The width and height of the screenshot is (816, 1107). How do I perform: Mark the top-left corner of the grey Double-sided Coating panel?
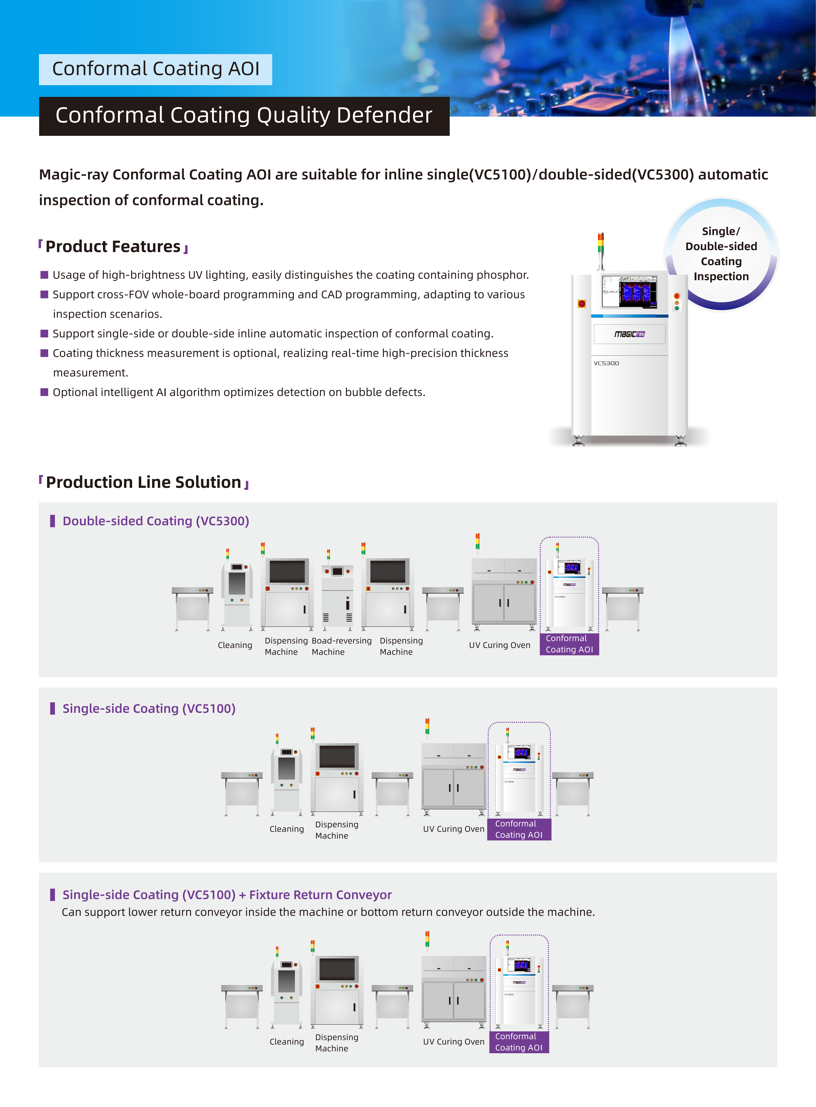39,503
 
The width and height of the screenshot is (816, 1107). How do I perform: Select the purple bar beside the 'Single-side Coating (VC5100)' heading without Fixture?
52,709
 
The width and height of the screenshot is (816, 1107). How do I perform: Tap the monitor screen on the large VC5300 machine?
629,291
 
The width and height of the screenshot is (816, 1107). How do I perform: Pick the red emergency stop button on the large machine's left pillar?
582,304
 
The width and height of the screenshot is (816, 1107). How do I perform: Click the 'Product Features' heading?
113,246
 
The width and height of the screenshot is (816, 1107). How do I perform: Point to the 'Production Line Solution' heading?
144,482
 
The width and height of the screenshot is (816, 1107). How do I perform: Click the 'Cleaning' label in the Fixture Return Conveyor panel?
287,1041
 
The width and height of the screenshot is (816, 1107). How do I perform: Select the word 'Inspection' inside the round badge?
721,276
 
